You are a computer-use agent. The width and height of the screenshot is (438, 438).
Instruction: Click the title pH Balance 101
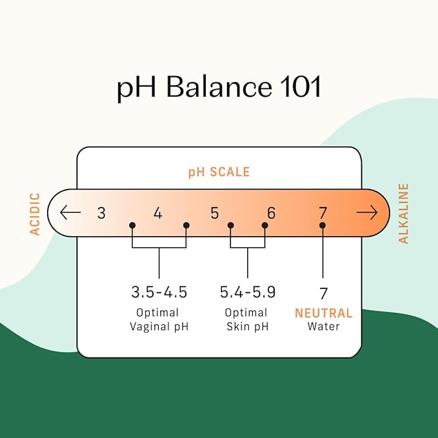(x=219, y=87)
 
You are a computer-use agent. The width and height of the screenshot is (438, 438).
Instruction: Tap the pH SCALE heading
(x=219, y=172)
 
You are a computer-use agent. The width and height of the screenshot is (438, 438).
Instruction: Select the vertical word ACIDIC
(x=35, y=214)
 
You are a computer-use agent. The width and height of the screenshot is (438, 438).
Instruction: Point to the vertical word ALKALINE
(x=403, y=214)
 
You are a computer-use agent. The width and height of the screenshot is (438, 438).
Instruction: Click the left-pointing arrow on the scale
(x=70, y=212)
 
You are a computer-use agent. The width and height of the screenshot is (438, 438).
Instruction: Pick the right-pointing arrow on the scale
(x=367, y=212)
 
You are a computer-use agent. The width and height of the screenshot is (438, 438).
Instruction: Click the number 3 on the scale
(x=101, y=213)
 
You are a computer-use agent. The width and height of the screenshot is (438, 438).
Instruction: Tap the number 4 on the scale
(x=158, y=213)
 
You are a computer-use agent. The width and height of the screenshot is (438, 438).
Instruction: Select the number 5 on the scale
(x=215, y=213)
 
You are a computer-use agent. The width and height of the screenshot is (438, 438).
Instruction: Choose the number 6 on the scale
(x=271, y=213)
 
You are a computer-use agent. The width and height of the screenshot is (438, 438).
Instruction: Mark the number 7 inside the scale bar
(x=323, y=213)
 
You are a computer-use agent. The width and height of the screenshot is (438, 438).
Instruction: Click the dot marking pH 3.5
(x=132, y=225)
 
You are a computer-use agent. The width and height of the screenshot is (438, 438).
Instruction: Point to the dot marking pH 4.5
(x=186, y=225)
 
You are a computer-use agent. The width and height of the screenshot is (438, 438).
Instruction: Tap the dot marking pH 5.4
(x=231, y=225)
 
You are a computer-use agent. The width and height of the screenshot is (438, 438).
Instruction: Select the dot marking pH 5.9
(x=265, y=225)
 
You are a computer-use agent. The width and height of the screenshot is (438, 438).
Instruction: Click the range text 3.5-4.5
(x=159, y=292)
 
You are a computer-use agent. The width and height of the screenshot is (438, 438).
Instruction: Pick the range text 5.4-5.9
(x=248, y=292)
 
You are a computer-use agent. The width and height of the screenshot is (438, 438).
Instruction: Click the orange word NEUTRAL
(x=323, y=313)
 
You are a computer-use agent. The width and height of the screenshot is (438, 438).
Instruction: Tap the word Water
(x=323, y=326)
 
